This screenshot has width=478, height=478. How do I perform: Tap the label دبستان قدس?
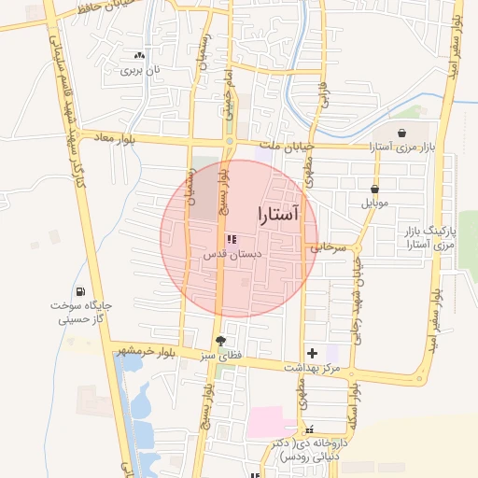[233, 254]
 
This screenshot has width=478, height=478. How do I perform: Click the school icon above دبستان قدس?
[232, 239]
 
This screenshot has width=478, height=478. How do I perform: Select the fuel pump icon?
[80, 292]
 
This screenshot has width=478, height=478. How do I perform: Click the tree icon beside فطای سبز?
[220, 342]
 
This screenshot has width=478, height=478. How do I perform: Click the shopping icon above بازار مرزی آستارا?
[401, 134]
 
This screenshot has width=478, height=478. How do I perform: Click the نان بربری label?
[145, 71]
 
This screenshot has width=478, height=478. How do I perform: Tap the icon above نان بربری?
[140, 56]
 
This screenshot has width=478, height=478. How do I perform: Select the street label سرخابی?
[328, 248]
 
